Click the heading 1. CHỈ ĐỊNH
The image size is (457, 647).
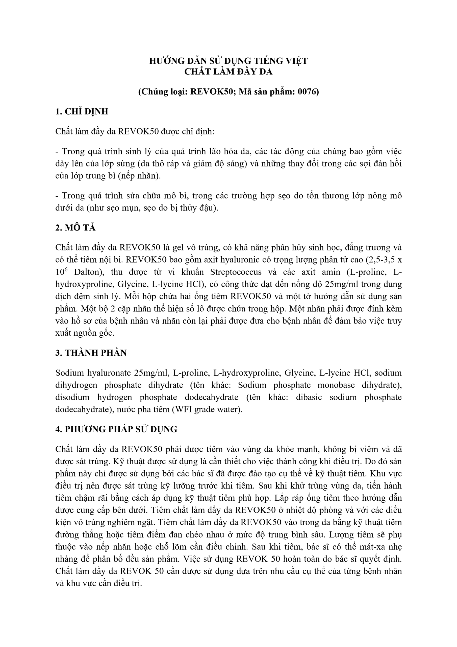point(82,112)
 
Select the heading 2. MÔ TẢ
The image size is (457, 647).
point(75,228)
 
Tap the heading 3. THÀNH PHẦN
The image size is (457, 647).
point(91,353)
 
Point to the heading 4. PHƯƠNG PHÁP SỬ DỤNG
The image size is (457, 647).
point(116,429)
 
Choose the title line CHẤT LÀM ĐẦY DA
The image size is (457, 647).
point(228,72)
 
